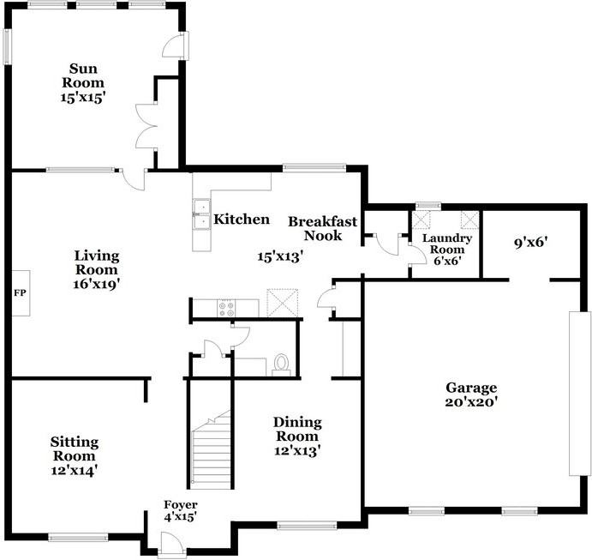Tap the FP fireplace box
pos(19,292)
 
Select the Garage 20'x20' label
pos(469,394)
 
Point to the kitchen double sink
pos(202,215)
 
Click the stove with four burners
pos(226,308)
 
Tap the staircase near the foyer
pos(211,449)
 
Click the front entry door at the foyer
pos(170,543)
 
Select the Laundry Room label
pos(440,248)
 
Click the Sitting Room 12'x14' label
pos(74,455)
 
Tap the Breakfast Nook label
pos(314,228)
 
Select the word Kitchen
pos(242,220)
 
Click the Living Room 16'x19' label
pos(96,269)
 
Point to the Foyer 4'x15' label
pos(181,511)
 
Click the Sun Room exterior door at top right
pos(177,45)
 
